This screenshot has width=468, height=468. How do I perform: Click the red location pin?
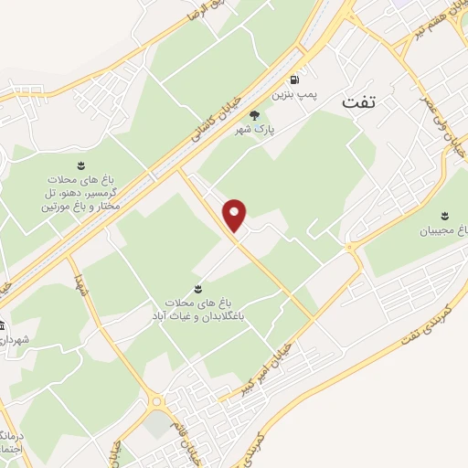[236, 215]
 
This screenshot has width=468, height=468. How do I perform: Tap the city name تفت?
[357, 103]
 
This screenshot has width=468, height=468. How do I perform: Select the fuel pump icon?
[293, 79]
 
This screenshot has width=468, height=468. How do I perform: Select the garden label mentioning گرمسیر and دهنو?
[81, 194]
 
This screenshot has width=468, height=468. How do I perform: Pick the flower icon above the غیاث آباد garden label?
[197, 287]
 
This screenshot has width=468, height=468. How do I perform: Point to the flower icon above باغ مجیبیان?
[444, 215]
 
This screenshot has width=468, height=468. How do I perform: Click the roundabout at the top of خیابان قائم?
[156, 400]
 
